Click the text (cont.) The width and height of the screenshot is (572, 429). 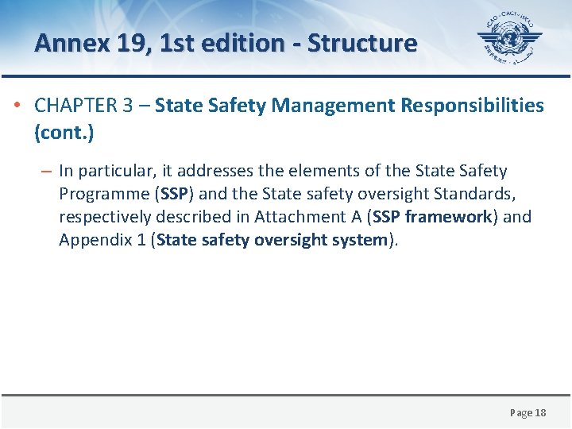tap(64, 133)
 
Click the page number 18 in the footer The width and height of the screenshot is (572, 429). tap(540, 412)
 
